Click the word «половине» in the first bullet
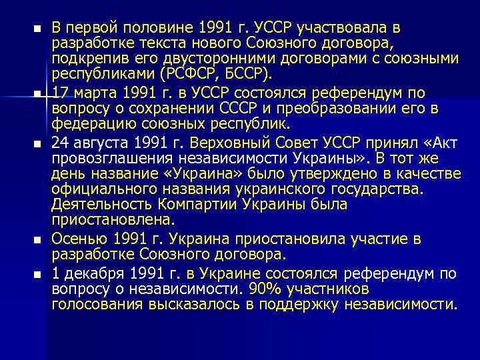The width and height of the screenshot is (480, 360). (157, 29)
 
